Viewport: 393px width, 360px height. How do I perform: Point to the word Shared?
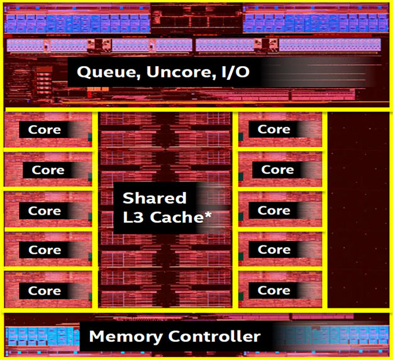[155, 198]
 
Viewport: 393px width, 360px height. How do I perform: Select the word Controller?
[216, 336]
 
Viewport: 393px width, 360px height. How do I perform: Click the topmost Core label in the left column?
[45, 130]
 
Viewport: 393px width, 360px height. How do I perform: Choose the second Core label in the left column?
[48, 170]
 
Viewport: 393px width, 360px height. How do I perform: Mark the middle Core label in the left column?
[45, 211]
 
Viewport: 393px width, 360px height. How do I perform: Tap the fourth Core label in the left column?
[45, 250]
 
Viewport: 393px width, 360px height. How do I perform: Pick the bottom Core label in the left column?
[45, 291]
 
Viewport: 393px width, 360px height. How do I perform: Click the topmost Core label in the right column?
[274, 129]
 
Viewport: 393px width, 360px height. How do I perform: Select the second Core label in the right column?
[277, 169]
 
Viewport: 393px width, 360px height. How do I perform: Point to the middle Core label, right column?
[274, 210]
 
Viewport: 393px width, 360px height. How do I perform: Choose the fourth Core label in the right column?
[274, 250]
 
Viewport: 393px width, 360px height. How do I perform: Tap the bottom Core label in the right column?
[274, 290]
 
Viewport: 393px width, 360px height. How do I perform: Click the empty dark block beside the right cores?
[359, 211]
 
